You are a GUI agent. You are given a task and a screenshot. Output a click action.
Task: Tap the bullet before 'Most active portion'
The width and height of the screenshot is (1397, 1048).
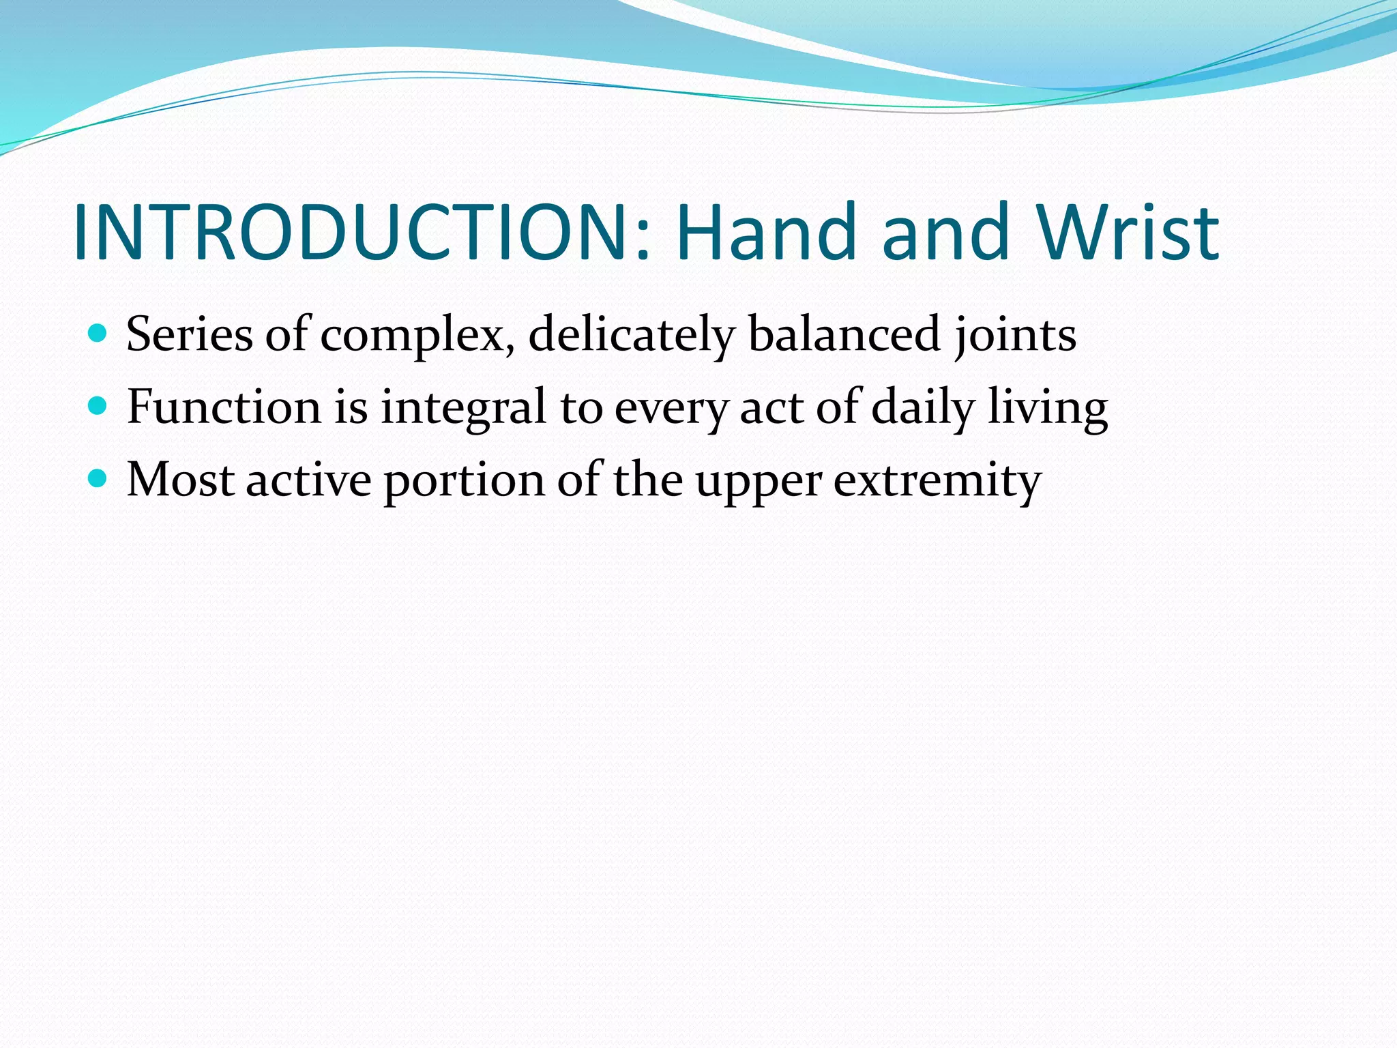pyautogui.click(x=98, y=479)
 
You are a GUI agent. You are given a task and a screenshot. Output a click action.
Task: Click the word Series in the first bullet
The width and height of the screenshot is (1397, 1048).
pyautogui.click(x=189, y=334)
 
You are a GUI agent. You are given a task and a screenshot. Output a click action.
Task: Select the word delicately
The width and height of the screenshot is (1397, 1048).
pyautogui.click(x=632, y=334)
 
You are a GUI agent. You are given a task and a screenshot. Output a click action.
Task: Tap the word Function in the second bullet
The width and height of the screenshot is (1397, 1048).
pyautogui.click(x=224, y=407)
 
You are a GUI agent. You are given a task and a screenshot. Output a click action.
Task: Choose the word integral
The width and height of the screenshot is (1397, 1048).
pyautogui.click(x=464, y=407)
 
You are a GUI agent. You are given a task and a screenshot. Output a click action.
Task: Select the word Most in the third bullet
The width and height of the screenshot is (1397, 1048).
pyautogui.click(x=181, y=480)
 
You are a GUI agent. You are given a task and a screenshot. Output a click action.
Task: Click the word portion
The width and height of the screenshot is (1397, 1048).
pyautogui.click(x=464, y=481)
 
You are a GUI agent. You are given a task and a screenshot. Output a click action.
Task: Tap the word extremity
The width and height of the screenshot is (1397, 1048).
pyautogui.click(x=938, y=481)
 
